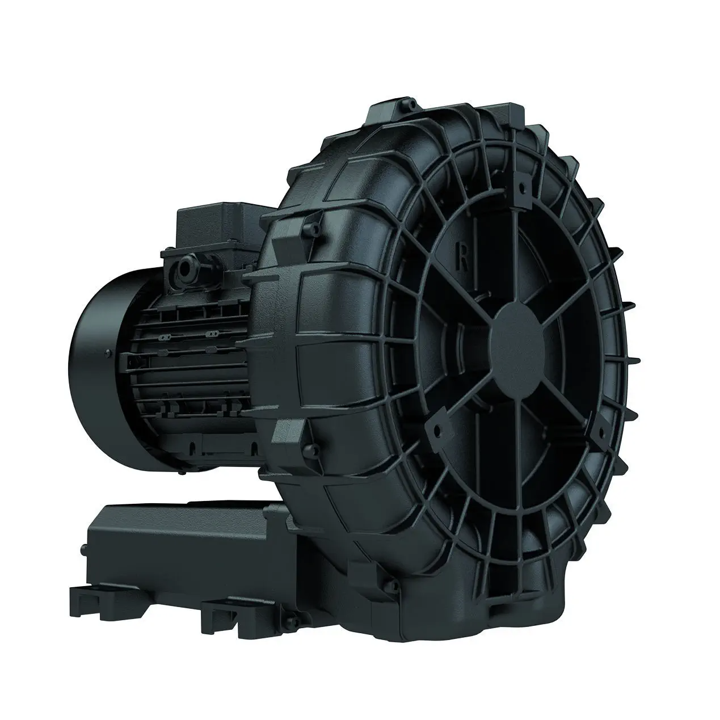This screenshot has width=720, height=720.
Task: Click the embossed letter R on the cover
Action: pos(464,259)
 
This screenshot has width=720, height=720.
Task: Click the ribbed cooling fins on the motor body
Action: pos(193,363)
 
